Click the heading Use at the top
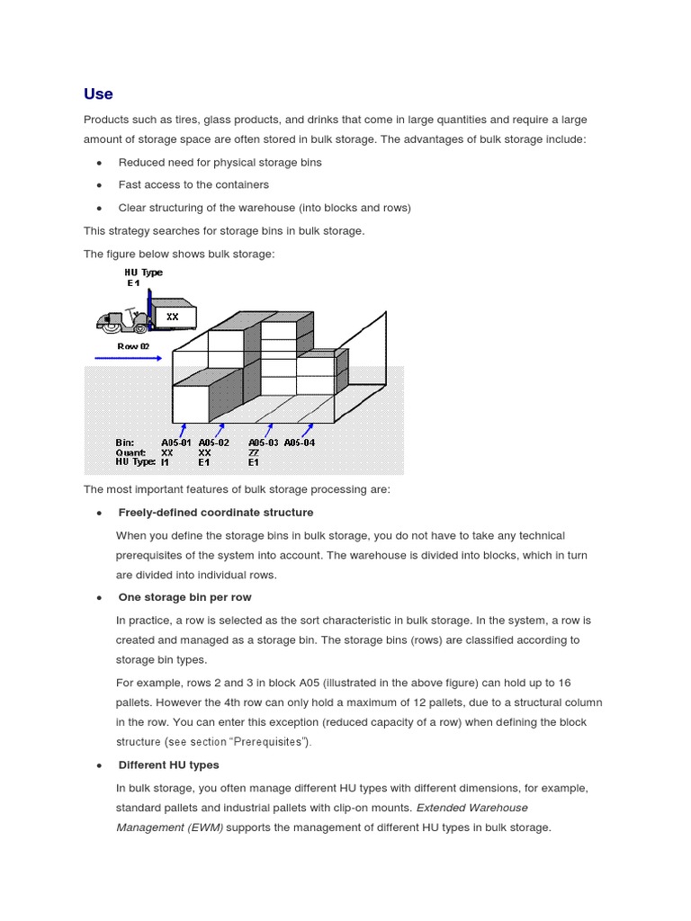[98, 94]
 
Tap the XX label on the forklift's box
[172, 317]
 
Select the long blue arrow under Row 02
[127, 359]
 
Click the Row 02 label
[133, 345]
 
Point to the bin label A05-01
[176, 443]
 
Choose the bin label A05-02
[214, 443]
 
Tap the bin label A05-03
[264, 443]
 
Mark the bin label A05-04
[300, 443]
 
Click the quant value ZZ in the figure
[254, 452]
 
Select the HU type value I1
[166, 462]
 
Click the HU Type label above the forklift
[143, 273]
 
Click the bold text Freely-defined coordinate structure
[216, 513]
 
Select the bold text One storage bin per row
[184, 597]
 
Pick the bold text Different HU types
[168, 765]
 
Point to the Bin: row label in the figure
[125, 443]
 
